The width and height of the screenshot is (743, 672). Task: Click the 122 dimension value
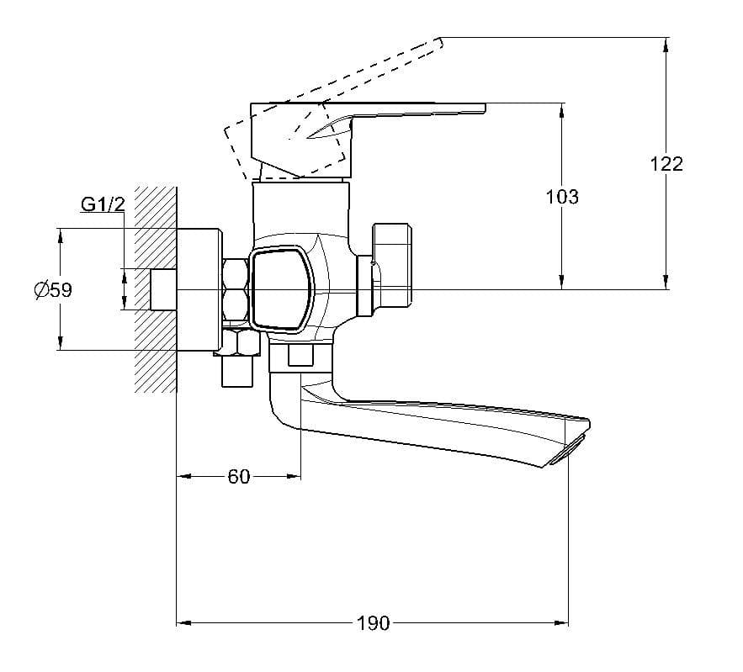pyautogui.click(x=666, y=164)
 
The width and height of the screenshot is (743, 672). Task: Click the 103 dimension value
pyautogui.click(x=562, y=197)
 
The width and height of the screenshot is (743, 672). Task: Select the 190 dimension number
pyautogui.click(x=373, y=623)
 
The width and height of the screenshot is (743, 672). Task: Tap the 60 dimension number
pyautogui.click(x=238, y=476)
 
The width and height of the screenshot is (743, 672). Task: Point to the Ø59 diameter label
pyautogui.click(x=53, y=290)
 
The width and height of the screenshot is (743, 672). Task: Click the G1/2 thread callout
pyautogui.click(x=103, y=204)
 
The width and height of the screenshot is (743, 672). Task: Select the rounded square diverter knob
pyautogui.click(x=281, y=288)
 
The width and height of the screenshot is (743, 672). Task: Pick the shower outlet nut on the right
pyautogui.click(x=392, y=265)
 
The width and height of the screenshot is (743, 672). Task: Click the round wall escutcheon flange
pyautogui.click(x=199, y=290)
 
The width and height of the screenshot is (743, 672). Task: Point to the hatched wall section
pyautogui.click(x=156, y=290)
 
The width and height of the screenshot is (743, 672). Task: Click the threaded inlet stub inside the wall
pyautogui.click(x=163, y=290)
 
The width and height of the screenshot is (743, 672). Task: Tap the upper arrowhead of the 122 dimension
pyautogui.click(x=666, y=44)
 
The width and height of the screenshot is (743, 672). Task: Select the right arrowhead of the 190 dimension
pyautogui.click(x=562, y=622)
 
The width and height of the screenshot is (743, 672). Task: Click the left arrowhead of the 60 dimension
pyautogui.click(x=183, y=476)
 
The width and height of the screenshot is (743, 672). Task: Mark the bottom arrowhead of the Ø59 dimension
pyautogui.click(x=61, y=343)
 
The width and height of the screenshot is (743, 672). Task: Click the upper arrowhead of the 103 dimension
pyautogui.click(x=562, y=110)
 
